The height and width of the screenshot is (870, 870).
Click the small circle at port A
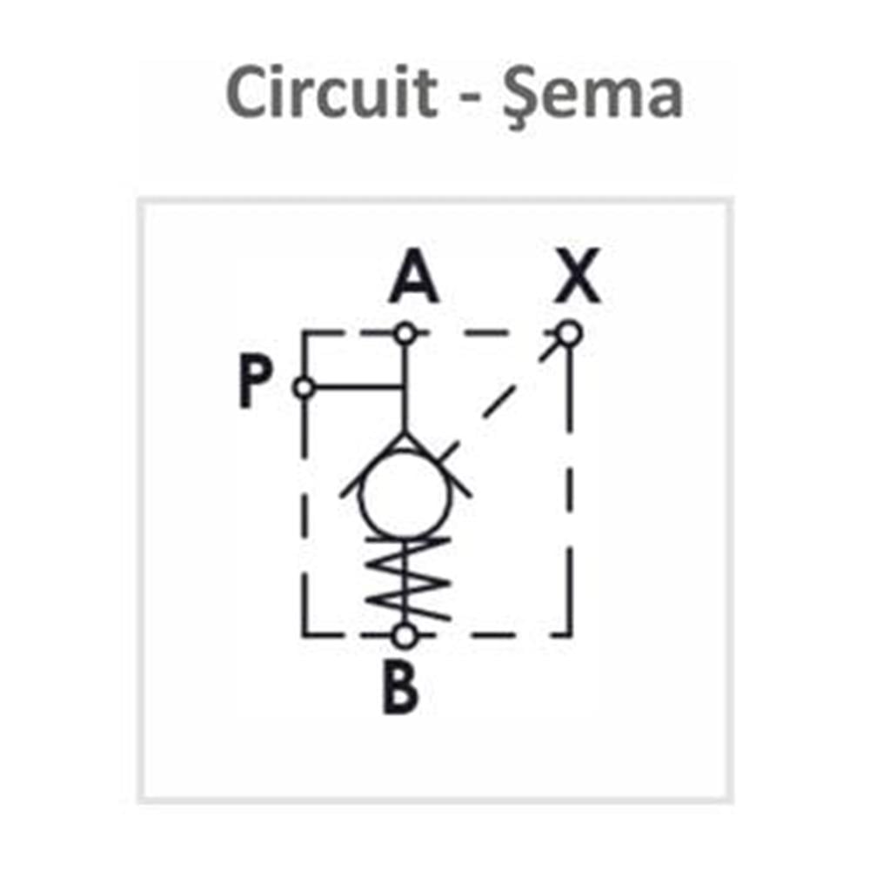[404, 333]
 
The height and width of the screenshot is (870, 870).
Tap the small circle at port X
[568, 333]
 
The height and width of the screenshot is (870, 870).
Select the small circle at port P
[304, 387]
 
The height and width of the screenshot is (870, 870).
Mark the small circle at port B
[404, 636]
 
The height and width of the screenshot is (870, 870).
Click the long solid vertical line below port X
[570, 435]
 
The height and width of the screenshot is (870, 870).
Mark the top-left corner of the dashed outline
[304, 333]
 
